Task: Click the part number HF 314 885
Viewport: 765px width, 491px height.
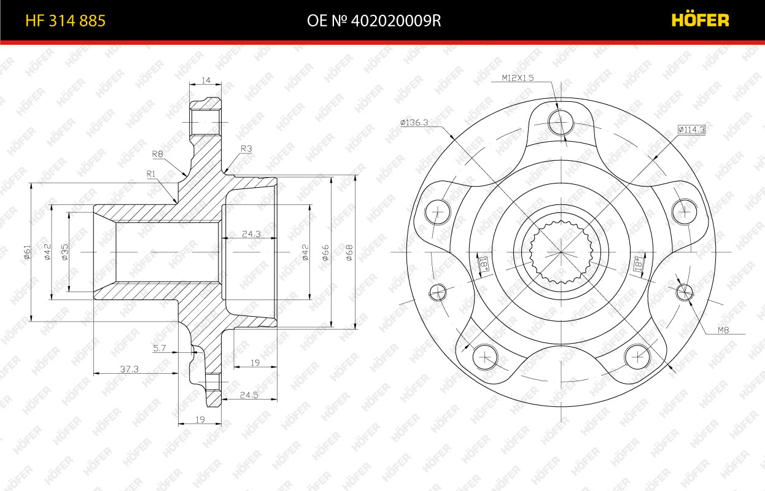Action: (65, 21)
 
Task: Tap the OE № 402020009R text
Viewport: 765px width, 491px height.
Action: (374, 21)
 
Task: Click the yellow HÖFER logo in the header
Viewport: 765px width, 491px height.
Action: (700, 20)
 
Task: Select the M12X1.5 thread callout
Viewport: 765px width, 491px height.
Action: (518, 78)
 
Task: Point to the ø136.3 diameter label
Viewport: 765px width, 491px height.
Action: (414, 122)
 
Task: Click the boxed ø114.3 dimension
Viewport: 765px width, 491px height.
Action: (691, 130)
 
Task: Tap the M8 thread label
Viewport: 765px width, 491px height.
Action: (723, 330)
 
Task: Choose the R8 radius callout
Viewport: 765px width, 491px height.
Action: (157, 154)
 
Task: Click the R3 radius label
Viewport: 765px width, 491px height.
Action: (246, 149)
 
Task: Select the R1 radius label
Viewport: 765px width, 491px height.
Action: (150, 174)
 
